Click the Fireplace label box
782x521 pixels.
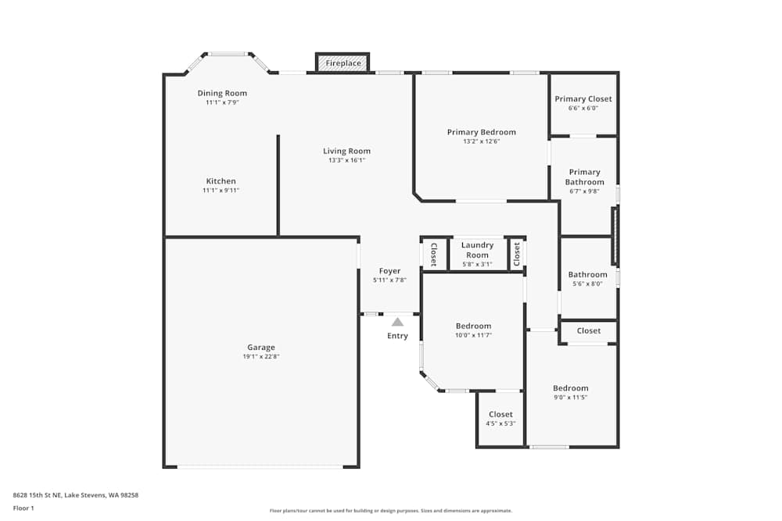343,62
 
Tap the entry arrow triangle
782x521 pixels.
397,322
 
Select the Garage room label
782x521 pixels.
261,348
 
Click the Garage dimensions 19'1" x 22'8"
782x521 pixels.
261,357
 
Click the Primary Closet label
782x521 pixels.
583,99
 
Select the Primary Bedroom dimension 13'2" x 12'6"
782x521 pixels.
481,141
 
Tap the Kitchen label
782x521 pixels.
221,181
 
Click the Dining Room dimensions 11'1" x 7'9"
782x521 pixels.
222,102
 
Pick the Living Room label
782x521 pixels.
346,152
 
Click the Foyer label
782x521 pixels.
389,271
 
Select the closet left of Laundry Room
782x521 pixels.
434,254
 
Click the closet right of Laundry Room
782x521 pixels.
517,254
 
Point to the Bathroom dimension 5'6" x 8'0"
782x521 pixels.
587,284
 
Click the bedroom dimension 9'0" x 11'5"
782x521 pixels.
570,398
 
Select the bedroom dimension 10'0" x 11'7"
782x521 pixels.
473,335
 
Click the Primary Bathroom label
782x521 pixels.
585,177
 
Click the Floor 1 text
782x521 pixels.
23,508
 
